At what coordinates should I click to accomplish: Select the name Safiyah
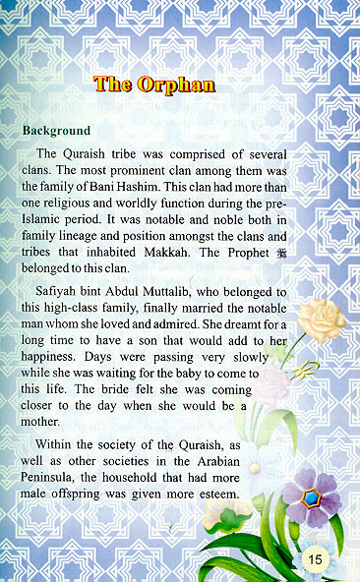60,293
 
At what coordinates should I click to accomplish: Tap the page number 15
315,559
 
